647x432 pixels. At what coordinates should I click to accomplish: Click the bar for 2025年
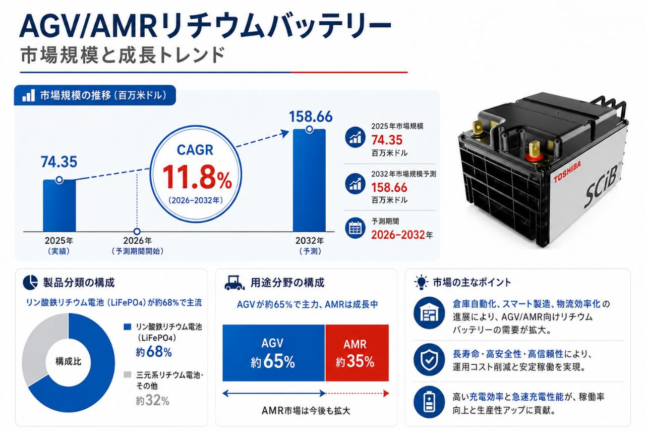pyautogui.click(x=59, y=205)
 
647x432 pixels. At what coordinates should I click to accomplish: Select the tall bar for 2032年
pyautogui.click(x=309, y=181)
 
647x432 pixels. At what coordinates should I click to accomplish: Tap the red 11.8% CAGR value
pyautogui.click(x=197, y=177)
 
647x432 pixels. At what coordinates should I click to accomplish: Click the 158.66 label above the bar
pyautogui.click(x=311, y=117)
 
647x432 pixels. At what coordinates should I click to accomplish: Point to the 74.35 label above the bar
pyautogui.click(x=59, y=161)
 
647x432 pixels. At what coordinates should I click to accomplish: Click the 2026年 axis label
pyautogui.click(x=137, y=241)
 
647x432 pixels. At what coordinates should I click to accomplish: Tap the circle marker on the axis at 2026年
pyautogui.click(x=137, y=231)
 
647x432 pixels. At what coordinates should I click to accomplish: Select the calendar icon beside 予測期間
pyautogui.click(x=356, y=229)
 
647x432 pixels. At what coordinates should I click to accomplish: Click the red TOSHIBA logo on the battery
pyautogui.click(x=567, y=172)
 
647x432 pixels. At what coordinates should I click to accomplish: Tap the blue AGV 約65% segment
pyautogui.click(x=273, y=353)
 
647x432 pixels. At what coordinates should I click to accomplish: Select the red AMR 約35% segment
pyautogui.click(x=357, y=353)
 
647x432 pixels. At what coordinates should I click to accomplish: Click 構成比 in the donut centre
pyautogui.click(x=69, y=361)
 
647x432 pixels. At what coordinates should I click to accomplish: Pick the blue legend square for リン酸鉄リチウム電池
pyautogui.click(x=128, y=327)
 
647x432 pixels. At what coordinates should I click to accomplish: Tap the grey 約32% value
pyautogui.click(x=152, y=401)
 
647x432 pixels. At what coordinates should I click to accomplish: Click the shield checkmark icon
pyautogui.click(x=429, y=360)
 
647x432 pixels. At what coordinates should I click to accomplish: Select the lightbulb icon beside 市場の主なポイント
pyautogui.click(x=421, y=282)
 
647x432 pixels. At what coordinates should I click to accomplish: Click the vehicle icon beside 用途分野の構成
pyautogui.click(x=234, y=283)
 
